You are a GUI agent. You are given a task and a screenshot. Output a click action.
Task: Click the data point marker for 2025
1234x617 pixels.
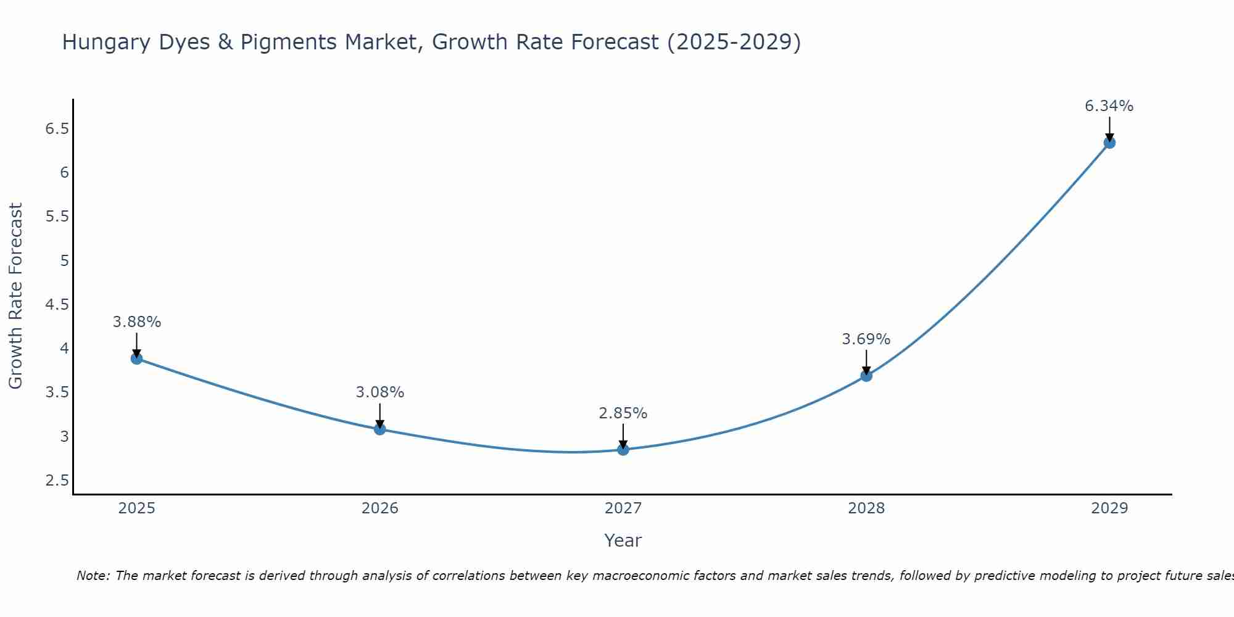point(137,358)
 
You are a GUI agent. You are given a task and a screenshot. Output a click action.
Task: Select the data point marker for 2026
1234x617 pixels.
point(380,429)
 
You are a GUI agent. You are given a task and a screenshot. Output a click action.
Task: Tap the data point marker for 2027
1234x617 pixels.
point(623,449)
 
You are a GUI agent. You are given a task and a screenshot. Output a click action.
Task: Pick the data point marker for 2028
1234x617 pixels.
point(866,375)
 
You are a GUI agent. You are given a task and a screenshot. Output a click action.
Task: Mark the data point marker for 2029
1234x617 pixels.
point(1109,143)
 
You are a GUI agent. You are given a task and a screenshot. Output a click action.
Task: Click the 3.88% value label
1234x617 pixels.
point(137,322)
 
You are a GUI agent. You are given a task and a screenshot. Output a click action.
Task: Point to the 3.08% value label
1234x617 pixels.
point(380,392)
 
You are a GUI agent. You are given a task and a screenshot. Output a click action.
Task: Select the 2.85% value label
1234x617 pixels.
point(623,413)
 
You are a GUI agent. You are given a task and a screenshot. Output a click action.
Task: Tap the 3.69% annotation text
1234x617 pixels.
point(866,339)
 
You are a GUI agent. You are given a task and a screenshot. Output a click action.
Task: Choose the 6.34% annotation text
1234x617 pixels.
point(1109,106)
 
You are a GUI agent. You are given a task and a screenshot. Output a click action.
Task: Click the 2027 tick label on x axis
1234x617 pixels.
point(623,508)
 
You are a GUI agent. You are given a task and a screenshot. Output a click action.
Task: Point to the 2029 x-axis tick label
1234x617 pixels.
point(1109,508)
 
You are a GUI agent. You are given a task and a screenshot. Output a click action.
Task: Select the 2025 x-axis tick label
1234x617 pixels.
point(137,508)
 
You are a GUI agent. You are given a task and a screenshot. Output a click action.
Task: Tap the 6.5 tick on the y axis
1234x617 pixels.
point(57,128)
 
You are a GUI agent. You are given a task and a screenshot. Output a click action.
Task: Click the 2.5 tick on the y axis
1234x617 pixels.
point(57,481)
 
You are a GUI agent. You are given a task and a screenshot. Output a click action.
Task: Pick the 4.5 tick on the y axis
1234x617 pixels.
point(57,304)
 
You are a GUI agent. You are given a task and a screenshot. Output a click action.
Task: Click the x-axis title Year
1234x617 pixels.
point(623,540)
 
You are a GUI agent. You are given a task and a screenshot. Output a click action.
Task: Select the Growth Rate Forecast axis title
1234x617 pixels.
point(15,296)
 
